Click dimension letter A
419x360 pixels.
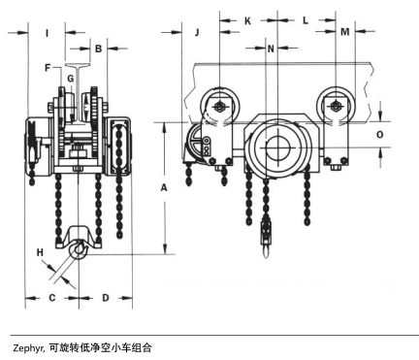tap(164, 187)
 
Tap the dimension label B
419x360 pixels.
tap(99, 49)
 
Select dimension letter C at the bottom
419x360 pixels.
tap(52, 298)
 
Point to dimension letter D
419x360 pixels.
tap(106, 298)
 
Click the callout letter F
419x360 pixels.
tap(48, 68)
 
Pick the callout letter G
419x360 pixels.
tap(71, 79)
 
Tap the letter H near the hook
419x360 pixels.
tap(40, 252)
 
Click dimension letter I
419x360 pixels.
tap(47, 33)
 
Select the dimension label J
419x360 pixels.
tap(197, 32)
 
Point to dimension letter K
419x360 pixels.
tap(247, 21)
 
